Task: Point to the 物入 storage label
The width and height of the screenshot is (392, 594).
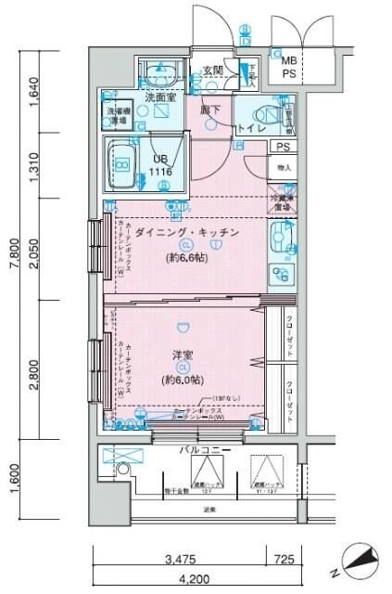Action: click(284, 168)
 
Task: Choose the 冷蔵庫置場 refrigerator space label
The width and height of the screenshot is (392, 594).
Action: click(284, 202)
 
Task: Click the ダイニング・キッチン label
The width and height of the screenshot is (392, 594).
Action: click(187, 230)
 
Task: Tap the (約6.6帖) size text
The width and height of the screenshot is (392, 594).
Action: click(187, 257)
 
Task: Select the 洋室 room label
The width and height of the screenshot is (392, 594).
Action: click(183, 355)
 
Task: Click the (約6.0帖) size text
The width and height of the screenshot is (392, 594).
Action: click(183, 381)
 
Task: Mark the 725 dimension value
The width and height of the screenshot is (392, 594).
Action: click(285, 561)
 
